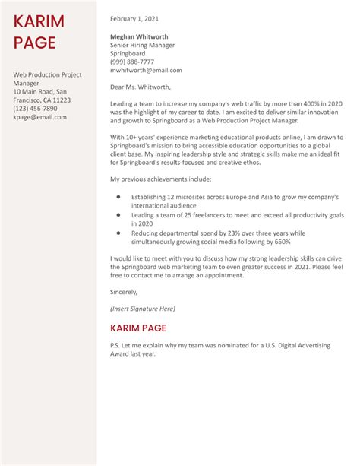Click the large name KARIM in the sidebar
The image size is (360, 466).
point(39,21)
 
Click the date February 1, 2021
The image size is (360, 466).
point(136,18)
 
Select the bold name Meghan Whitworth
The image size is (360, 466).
point(139,36)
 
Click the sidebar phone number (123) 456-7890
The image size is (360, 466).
point(35,109)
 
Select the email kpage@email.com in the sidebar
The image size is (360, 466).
point(39,117)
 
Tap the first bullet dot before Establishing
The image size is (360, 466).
point(118,197)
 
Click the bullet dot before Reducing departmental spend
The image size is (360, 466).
point(118,233)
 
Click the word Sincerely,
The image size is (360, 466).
point(124,292)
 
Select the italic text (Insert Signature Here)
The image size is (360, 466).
point(143,309)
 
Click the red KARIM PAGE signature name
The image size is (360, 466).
point(149,328)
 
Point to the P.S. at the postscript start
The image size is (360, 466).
point(115,346)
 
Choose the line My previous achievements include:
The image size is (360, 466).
point(159,179)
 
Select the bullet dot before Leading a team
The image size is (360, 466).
point(118,215)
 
